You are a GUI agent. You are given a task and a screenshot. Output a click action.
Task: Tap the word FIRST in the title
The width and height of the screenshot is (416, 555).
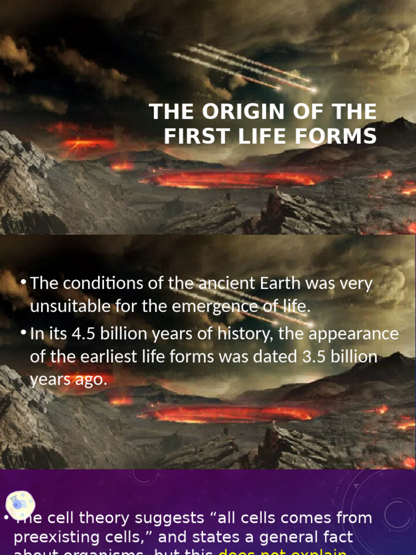(188, 136)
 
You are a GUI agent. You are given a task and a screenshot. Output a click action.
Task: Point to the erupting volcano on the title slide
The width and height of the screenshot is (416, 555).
(81, 144)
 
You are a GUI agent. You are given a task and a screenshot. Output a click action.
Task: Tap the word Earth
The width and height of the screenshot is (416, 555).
(281, 283)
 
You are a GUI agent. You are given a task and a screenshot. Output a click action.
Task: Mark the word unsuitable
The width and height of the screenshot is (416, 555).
(70, 307)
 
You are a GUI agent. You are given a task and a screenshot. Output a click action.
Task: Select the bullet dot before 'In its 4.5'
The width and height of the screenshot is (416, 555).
(23, 332)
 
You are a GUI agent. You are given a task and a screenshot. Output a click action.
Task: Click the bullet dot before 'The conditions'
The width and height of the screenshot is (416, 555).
(23, 282)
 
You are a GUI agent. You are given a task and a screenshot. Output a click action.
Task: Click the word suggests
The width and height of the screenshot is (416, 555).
(170, 519)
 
